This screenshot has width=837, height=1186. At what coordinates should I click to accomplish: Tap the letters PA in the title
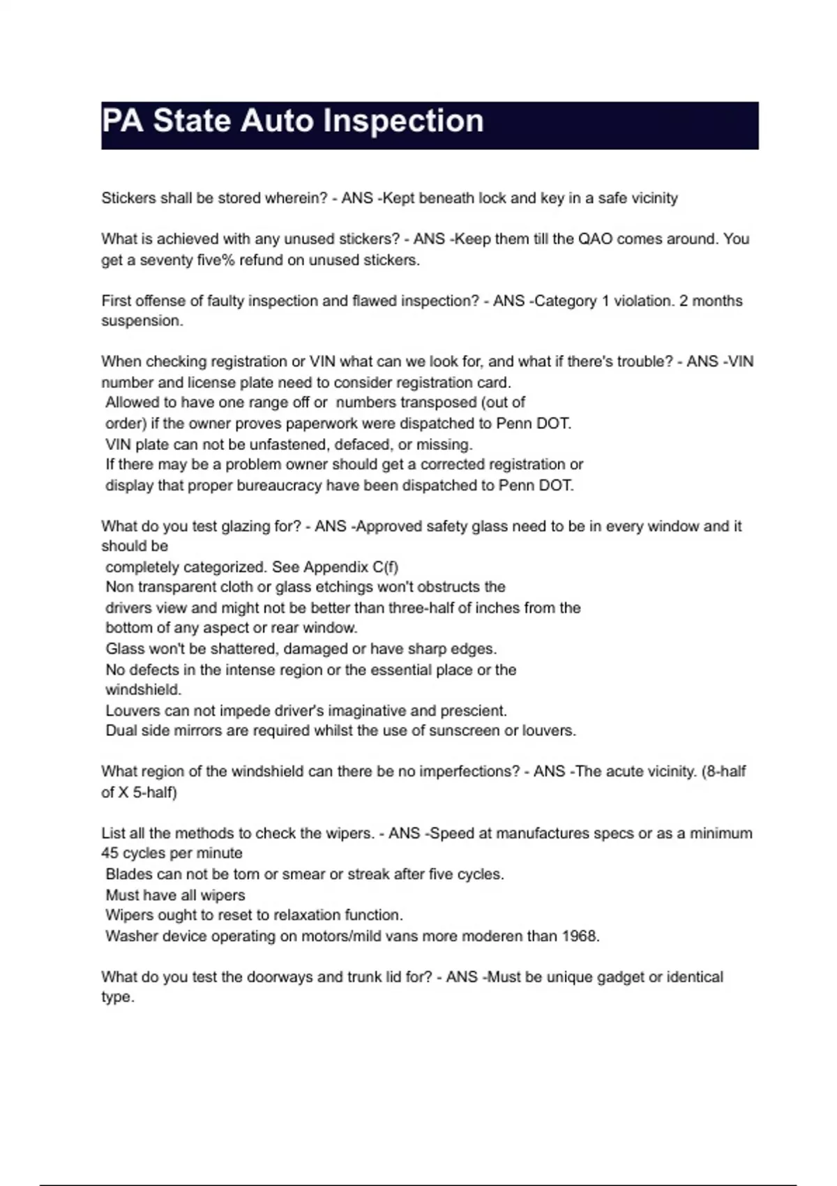click(123, 121)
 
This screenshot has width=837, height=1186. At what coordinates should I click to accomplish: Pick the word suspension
click(142, 321)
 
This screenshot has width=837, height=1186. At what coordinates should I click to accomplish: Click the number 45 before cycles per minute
click(110, 853)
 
